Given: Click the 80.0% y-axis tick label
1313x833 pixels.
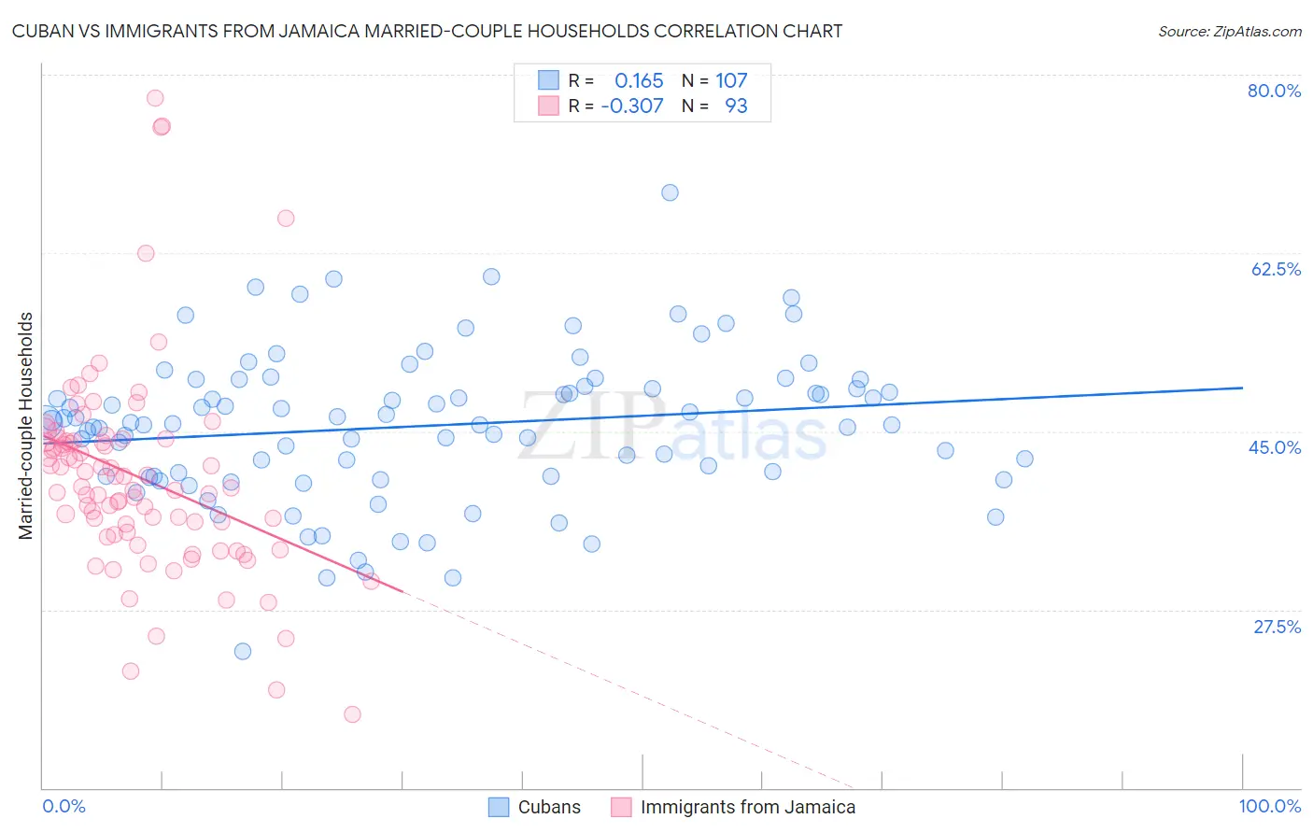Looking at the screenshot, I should tap(1274, 91).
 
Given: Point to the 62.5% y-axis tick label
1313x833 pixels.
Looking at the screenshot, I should tap(1276, 269).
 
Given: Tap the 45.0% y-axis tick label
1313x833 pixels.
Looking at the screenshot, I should tap(1275, 447).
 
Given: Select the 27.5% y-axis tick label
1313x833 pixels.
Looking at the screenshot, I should tap(1277, 627).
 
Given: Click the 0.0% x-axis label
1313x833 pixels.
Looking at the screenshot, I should tap(64, 806).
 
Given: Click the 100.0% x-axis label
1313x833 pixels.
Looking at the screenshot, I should tap(1269, 806).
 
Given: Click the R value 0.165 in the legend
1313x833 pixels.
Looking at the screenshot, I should tap(639, 80).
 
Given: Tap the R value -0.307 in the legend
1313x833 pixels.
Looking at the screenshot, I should tap(632, 106).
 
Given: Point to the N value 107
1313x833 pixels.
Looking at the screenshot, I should tap(731, 80).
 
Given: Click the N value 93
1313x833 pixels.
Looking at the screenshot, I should tap(736, 106).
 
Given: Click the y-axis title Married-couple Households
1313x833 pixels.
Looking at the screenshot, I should tap(26, 426).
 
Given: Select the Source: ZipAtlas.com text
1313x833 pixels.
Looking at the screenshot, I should tap(1229, 32).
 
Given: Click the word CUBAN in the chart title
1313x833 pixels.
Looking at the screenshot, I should tap(43, 32).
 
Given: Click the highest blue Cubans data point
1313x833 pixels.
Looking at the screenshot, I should tap(670, 192).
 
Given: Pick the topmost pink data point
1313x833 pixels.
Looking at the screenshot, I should tap(155, 98).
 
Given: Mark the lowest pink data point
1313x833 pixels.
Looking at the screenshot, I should tap(352, 714).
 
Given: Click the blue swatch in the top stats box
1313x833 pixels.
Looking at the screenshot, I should tap(548, 80).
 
